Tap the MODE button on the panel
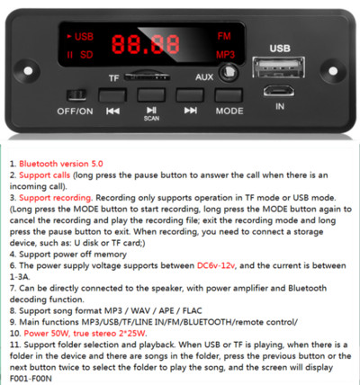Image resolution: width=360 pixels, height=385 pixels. (229, 94)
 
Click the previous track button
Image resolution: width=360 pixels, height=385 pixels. (112, 94)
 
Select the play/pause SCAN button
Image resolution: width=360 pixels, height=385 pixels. (151, 94)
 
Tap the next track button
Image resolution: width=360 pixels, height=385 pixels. (190, 94)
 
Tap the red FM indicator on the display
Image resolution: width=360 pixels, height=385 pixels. (223, 35)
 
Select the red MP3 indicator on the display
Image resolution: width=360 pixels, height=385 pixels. (224, 53)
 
